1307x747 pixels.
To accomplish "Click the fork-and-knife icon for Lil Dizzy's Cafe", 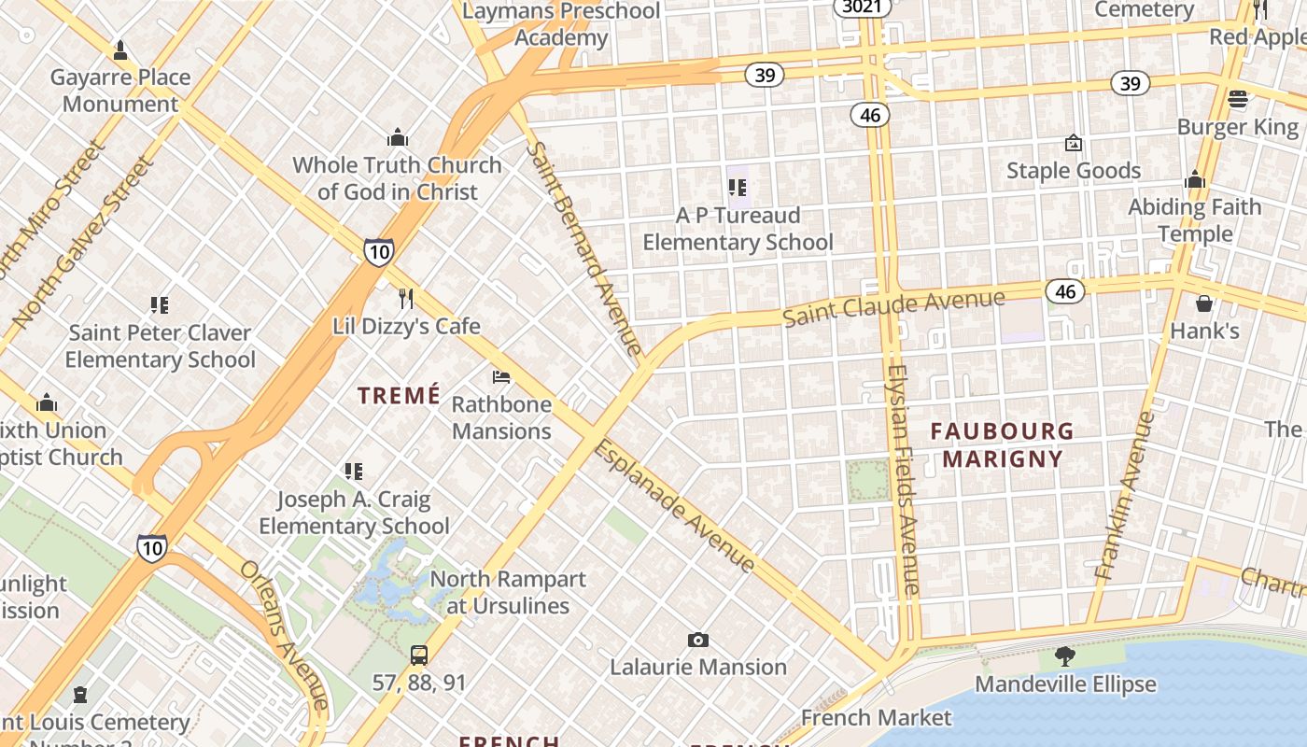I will (405, 298).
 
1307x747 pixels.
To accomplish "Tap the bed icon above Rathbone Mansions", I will (501, 377).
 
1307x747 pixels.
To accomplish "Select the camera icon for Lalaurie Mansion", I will (697, 640).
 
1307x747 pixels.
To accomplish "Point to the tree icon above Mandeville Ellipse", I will (1064, 656).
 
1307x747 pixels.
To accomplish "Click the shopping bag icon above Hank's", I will (1204, 303).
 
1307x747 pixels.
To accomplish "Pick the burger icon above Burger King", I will (1238, 99).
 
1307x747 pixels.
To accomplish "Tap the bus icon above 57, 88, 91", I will (419, 655).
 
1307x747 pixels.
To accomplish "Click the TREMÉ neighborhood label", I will (399, 396).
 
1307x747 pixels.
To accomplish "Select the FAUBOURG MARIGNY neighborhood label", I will (1003, 444).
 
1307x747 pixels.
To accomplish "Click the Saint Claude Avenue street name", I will (893, 308).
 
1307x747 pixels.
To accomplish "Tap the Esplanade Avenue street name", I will (673, 505).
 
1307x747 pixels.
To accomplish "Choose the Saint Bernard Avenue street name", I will (584, 248).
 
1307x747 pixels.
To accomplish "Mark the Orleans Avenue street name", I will (284, 635).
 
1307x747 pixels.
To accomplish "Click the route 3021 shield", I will (861, 7).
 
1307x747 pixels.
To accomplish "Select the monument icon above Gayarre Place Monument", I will (120, 50).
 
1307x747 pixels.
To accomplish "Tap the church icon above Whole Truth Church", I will (398, 138).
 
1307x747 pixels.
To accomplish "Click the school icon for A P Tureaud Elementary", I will (738, 189).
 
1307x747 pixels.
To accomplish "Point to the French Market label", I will (876, 717).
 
